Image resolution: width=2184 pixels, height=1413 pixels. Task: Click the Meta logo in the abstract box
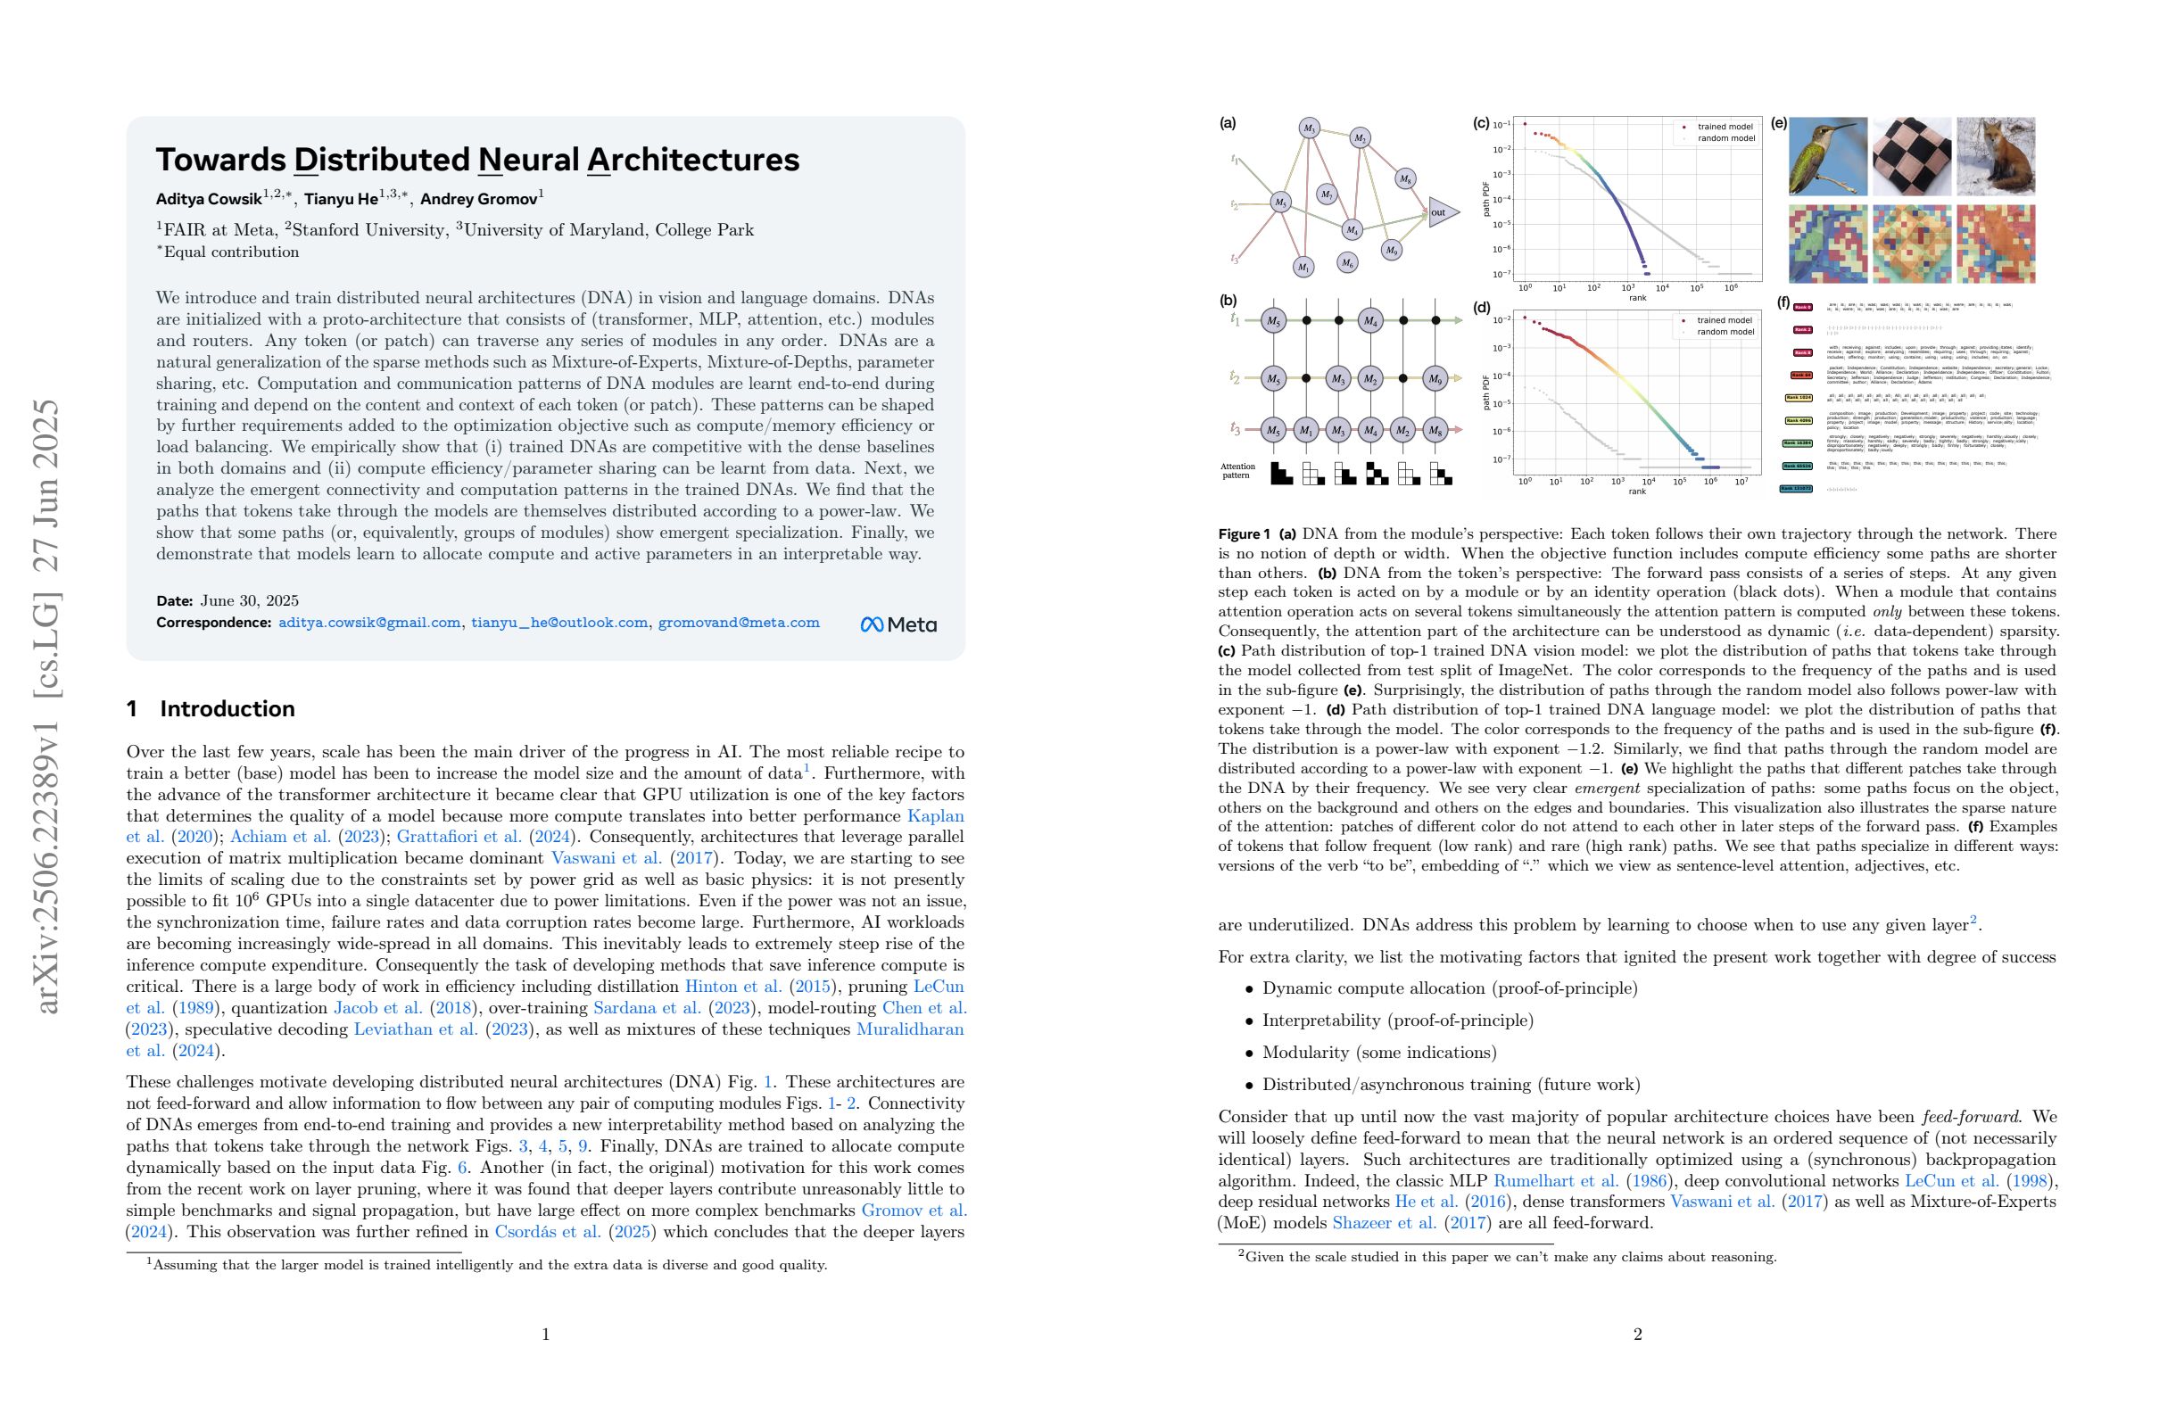point(898,624)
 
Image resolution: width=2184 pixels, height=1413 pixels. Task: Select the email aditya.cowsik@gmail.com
point(368,623)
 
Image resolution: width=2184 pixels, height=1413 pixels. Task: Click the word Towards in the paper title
point(220,160)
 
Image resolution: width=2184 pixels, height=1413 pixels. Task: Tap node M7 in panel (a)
point(1326,194)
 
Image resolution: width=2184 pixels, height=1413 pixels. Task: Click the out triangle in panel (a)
point(1440,213)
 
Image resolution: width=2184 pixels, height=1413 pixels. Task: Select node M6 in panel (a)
point(1346,262)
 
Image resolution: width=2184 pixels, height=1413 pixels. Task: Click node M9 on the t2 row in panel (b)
point(1435,378)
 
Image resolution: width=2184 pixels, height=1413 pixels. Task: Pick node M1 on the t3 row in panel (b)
point(1306,429)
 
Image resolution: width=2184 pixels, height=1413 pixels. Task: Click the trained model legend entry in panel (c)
point(1724,127)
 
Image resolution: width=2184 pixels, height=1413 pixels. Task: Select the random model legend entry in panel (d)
point(1724,332)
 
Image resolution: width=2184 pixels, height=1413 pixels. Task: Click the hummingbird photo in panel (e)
point(1827,156)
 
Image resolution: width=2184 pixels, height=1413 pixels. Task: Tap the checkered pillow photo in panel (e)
point(1912,156)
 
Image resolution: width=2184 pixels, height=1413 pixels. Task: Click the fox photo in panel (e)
point(1996,156)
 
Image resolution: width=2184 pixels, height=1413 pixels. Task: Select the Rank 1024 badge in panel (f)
point(1798,398)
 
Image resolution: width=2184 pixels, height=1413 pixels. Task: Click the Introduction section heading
point(227,708)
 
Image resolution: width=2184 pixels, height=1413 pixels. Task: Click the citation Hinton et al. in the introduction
point(733,987)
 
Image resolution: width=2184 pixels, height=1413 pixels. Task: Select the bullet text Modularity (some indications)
point(1378,1053)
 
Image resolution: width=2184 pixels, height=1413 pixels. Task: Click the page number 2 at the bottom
point(1637,1334)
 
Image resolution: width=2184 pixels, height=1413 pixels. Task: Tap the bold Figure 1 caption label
point(1244,534)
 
